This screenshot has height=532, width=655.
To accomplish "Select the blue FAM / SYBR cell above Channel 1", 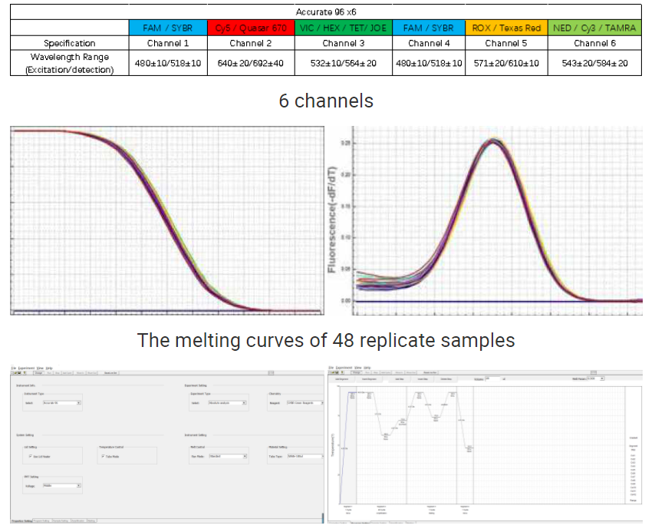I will coord(168,28).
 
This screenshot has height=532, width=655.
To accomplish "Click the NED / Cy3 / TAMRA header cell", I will coord(595,28).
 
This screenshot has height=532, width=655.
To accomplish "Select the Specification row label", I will coord(70,43).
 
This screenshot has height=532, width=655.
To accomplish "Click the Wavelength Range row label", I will coord(70,63).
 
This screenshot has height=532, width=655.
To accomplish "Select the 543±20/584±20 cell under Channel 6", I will coord(595,63).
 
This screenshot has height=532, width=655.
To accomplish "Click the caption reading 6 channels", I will coord(326,101).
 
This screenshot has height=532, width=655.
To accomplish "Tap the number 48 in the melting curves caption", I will coord(342,340).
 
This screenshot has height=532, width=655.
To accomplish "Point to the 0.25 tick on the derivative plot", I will coord(346,144).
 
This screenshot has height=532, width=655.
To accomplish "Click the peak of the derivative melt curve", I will coord(493,140).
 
